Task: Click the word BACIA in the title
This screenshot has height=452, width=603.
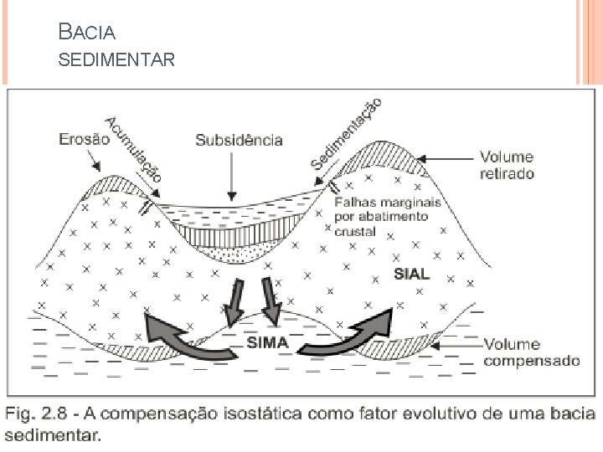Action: click(87, 33)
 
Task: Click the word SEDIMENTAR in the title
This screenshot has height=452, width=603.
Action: click(116, 60)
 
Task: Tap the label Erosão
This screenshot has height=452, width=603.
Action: click(85, 140)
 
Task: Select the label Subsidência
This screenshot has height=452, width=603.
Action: click(239, 141)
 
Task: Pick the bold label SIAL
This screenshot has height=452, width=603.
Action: click(413, 274)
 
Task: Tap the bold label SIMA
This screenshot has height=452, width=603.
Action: click(267, 342)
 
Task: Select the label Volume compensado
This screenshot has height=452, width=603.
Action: click(531, 352)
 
